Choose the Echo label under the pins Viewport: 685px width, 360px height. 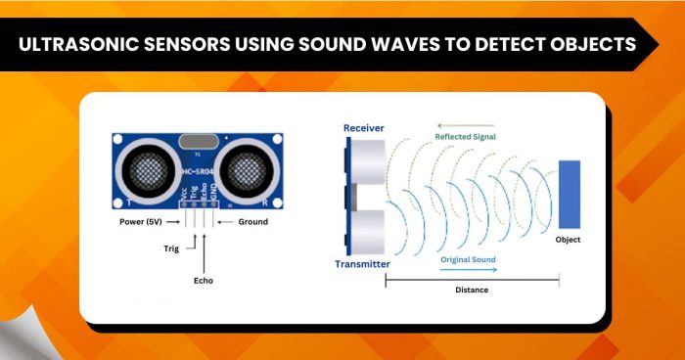204,281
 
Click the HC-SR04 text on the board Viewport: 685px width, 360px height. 201,176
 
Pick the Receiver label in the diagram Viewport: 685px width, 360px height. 365,128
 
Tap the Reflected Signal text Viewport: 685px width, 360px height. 466,137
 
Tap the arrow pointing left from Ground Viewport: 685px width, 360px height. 222,221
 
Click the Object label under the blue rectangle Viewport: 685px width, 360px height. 569,240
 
